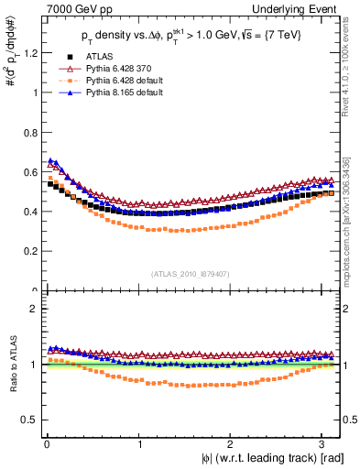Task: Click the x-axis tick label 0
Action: (46, 444)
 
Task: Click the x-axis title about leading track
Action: (268, 458)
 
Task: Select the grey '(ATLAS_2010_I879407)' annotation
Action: (190, 273)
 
